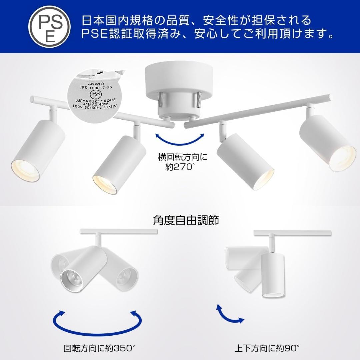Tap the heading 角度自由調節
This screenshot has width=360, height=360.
tap(186, 220)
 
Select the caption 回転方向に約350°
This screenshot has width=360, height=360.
tap(99, 349)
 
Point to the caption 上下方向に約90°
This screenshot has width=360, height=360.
tap(267, 349)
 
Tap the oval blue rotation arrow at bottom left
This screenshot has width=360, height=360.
tap(97, 321)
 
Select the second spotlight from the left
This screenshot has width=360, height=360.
tap(120, 165)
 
